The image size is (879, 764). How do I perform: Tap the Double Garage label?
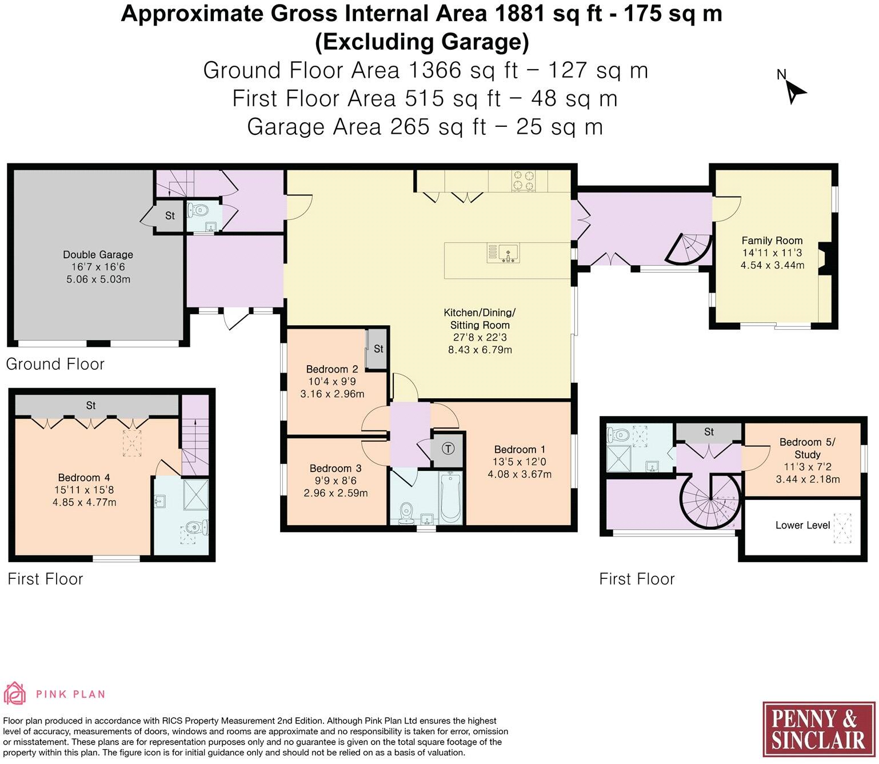pos(98,255)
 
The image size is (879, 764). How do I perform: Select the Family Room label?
pos(772,241)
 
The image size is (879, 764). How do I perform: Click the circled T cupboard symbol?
pos(449,449)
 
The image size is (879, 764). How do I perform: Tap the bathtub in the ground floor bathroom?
pos(451,498)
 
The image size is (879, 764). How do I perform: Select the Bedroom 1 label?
pos(515,450)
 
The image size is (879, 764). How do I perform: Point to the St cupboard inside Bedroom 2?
pos(377,349)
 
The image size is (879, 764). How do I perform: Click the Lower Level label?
pos(802,525)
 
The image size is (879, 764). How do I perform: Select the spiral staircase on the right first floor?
pos(710,501)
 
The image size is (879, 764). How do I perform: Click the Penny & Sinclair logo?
pos(818,730)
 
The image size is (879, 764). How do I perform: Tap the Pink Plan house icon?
pos(15,694)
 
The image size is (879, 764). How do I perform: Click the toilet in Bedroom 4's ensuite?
pos(198,526)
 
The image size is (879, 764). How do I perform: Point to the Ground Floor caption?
pos(55,364)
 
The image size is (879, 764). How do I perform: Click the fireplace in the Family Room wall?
pos(825,255)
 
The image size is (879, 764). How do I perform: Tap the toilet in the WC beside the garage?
pos(201,210)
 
